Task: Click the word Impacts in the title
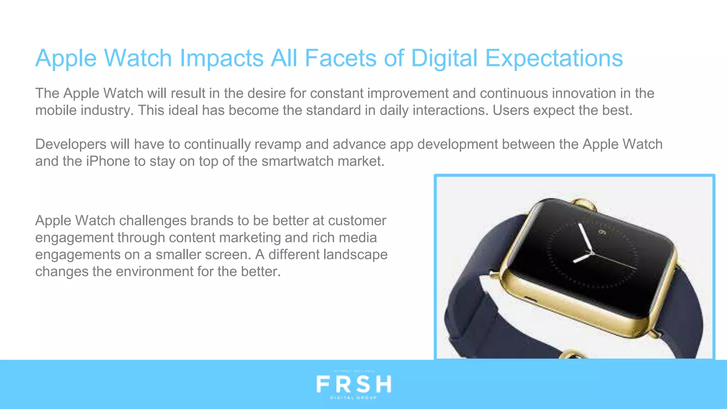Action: pos(221,58)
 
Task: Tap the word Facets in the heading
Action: pos(340,58)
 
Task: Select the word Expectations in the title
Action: pos(554,58)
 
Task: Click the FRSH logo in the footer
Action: pos(354,384)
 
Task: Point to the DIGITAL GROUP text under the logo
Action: pos(354,398)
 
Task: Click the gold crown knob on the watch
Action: pos(584,204)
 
